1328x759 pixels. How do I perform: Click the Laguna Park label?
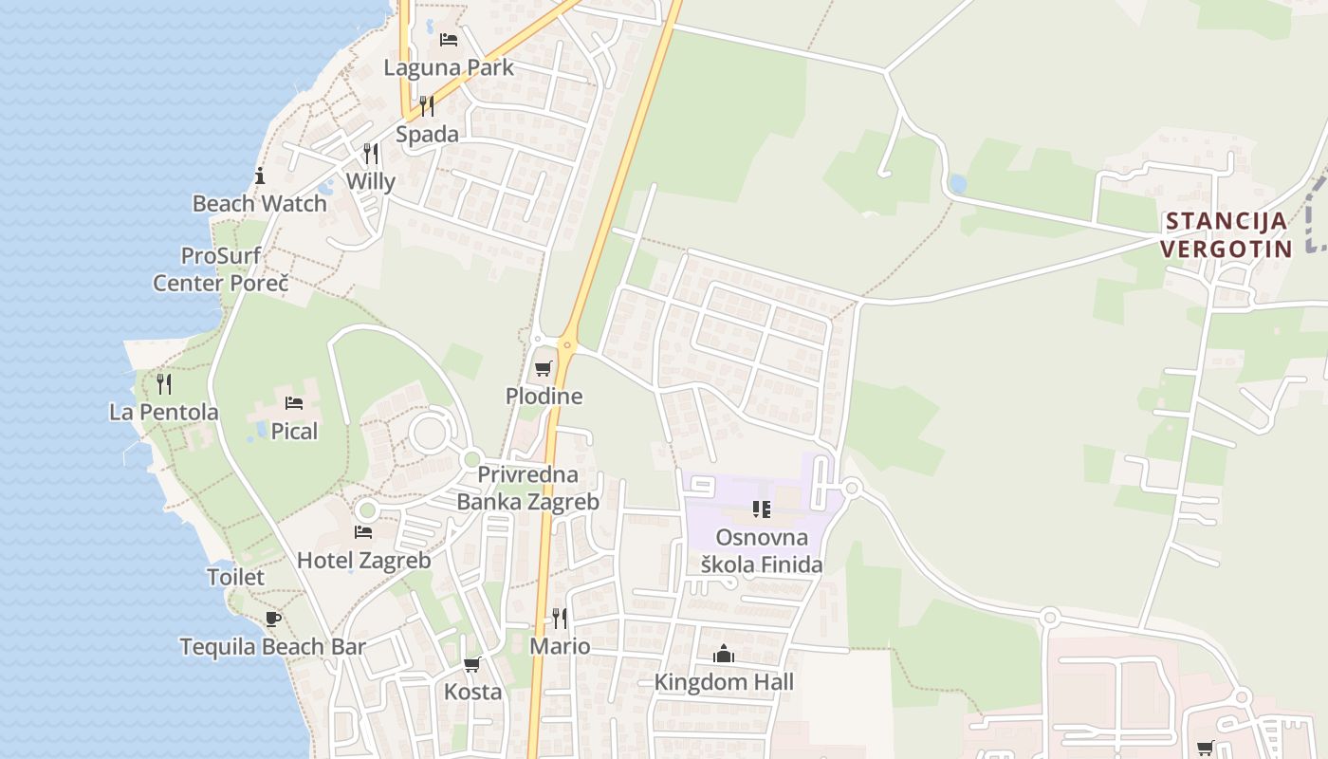click(449, 67)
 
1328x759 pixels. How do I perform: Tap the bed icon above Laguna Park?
click(449, 40)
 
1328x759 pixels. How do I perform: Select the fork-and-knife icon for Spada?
click(427, 105)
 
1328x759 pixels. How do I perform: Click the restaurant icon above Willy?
click(371, 153)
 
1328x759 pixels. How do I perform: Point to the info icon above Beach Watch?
click(259, 176)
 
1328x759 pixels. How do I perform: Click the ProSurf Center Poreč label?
click(221, 269)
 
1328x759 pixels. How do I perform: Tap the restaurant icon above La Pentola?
click(164, 383)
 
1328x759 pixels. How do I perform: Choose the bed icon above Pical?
click(294, 403)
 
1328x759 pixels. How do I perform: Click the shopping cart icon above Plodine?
click(544, 368)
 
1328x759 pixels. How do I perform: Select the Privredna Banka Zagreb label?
click(528, 488)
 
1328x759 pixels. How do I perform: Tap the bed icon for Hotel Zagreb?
click(363, 532)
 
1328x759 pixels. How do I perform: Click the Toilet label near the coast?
click(235, 577)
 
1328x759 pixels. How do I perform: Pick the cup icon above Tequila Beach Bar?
click(273, 619)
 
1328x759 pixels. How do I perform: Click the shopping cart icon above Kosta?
click(472, 664)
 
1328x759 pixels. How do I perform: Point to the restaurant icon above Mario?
click(560, 619)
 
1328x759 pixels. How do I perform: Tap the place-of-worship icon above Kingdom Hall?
click(724, 654)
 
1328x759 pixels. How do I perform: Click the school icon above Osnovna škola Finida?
click(761, 509)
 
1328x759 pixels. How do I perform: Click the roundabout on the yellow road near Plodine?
click(568, 343)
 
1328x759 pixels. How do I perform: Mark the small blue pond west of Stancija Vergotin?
click(957, 183)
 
